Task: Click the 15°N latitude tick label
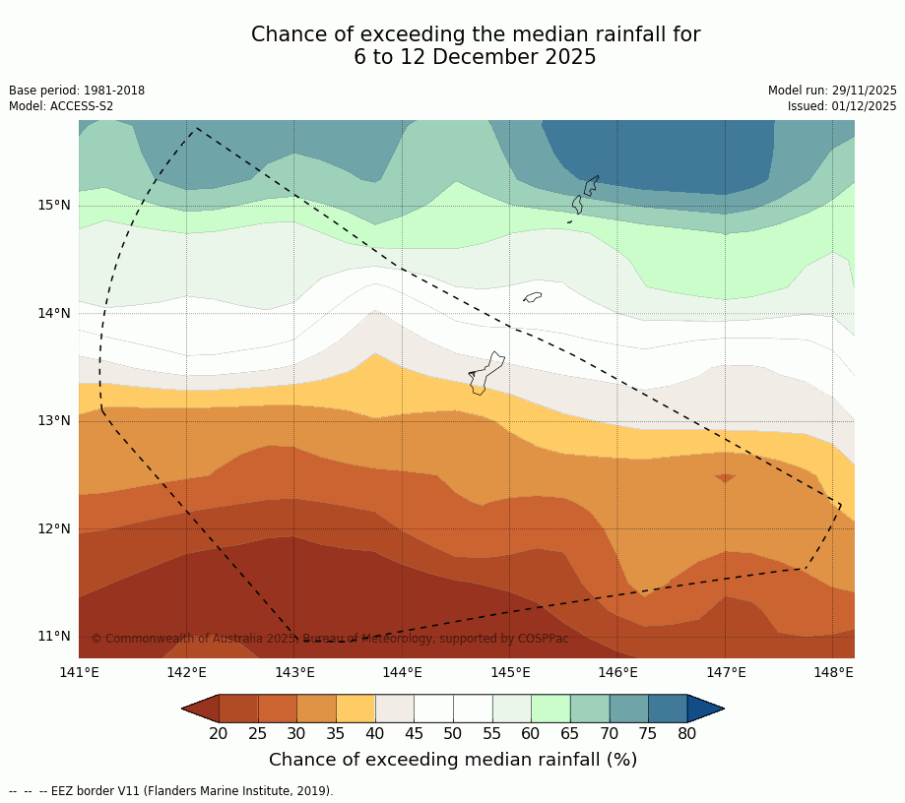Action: click(54, 206)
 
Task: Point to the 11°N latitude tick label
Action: click(54, 636)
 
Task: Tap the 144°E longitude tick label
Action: click(402, 673)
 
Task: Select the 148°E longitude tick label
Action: click(833, 673)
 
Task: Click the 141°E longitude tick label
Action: click(79, 673)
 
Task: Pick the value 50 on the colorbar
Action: click(453, 733)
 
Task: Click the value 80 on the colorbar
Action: click(686, 733)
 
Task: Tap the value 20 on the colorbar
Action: click(219, 733)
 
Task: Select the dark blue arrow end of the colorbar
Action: click(706, 709)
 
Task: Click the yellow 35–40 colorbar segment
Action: click(356, 709)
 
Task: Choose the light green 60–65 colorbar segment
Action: click(550, 709)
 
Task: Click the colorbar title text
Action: click(453, 760)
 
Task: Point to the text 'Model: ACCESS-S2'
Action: click(61, 106)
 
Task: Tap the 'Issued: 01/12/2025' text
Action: click(842, 106)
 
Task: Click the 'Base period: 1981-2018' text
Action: click(77, 91)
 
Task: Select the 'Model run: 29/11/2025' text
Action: click(832, 91)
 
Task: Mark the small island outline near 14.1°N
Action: click(532, 297)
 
